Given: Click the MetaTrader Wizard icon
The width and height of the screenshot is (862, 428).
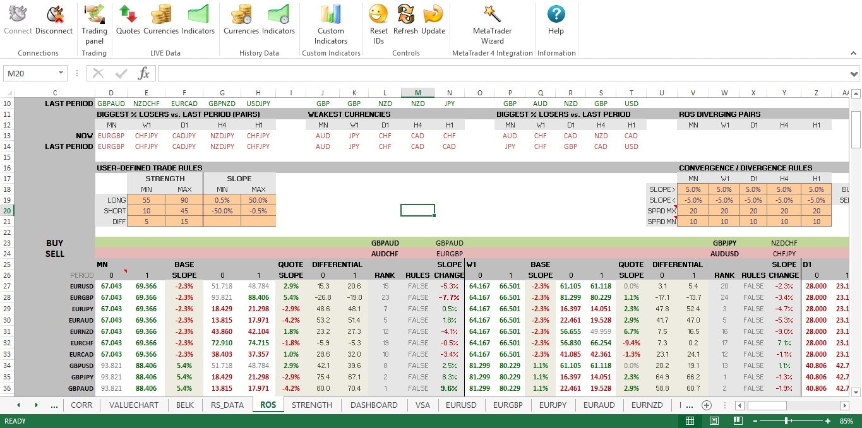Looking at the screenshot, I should tap(492, 14).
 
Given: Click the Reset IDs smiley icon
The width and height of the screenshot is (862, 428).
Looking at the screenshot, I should tap(378, 14).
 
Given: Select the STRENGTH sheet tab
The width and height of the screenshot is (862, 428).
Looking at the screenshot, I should tap(311, 405).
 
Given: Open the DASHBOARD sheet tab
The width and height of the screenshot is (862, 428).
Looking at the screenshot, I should tap(374, 405).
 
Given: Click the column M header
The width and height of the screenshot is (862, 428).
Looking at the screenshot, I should tap(417, 93).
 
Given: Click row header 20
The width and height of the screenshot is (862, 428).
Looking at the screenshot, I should tap(7, 211).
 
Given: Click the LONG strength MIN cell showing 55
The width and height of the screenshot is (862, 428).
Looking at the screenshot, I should tap(146, 200).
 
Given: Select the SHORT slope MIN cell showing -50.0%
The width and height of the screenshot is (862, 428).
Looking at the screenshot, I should tap(222, 211).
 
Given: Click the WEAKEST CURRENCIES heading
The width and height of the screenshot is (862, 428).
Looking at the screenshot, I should tap(349, 114).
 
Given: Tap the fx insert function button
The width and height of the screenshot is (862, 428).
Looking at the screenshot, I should tap(144, 73).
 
